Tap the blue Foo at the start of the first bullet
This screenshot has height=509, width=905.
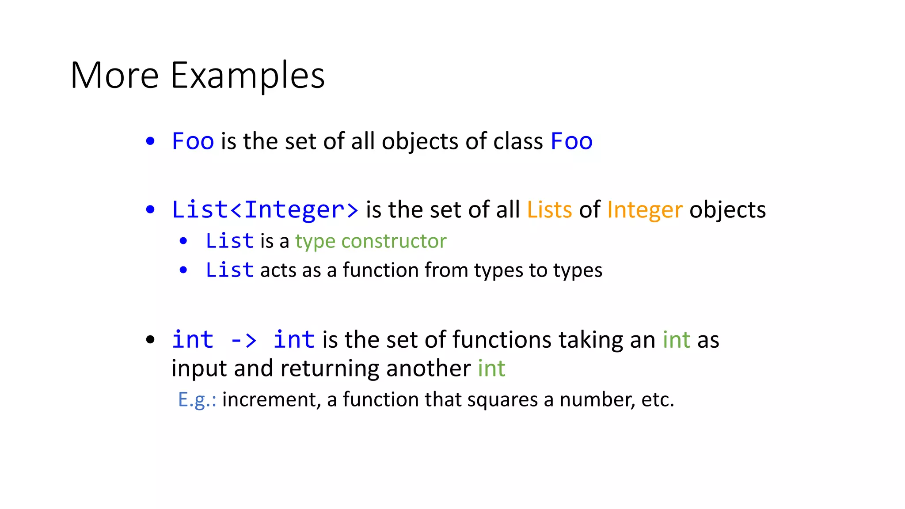click(x=193, y=141)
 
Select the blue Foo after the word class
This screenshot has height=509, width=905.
click(x=571, y=141)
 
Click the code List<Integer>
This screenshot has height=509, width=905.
click(x=265, y=209)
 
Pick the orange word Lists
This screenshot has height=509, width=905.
click(x=549, y=209)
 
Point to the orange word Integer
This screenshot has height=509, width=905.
click(x=645, y=209)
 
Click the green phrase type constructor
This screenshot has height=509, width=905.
click(x=371, y=241)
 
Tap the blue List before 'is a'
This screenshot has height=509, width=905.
click(x=229, y=241)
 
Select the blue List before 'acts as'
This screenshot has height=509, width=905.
click(x=229, y=270)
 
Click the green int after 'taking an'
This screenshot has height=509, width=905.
click(x=676, y=340)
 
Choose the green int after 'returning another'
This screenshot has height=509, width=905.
click(x=491, y=368)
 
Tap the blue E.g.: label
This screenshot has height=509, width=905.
click(x=197, y=399)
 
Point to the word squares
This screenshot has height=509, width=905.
click(x=502, y=399)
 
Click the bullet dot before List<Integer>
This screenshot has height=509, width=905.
click(x=150, y=209)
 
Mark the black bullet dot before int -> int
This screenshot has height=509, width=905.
click(x=150, y=340)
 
